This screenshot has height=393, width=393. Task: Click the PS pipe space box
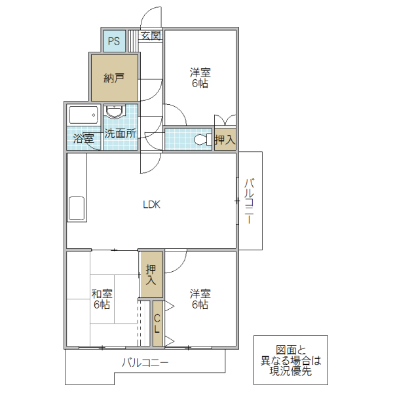click(x=114, y=42)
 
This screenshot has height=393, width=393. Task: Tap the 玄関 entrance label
click(x=151, y=36)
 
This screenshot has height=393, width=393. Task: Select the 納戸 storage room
click(x=114, y=78)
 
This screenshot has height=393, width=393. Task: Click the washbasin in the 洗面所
click(x=116, y=112)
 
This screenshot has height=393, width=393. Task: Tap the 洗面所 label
click(x=121, y=134)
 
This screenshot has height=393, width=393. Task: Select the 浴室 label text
click(x=83, y=138)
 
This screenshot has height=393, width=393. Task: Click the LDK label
click(x=152, y=204)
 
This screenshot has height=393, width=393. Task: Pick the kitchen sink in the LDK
click(x=76, y=208)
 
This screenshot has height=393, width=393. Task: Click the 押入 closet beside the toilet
click(x=225, y=140)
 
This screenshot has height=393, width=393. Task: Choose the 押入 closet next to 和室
click(x=151, y=274)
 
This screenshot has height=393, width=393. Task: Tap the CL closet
click(x=157, y=324)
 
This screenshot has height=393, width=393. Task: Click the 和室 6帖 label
click(x=102, y=299)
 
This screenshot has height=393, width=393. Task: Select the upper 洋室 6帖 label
click(x=200, y=78)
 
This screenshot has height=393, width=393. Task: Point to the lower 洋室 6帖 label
click(x=200, y=299)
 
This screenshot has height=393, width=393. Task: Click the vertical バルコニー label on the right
click(x=250, y=201)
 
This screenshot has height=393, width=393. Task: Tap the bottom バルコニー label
click(x=145, y=362)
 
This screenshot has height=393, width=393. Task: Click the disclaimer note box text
click(x=290, y=360)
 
